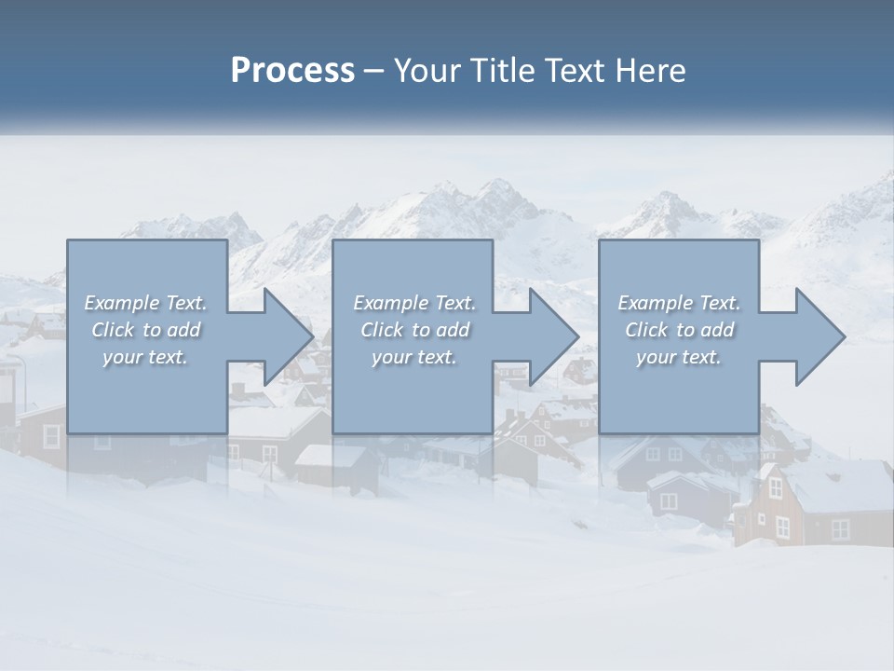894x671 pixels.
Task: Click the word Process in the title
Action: (292, 71)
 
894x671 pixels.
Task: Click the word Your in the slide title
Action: (425, 71)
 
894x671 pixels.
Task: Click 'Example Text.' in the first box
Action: (145, 303)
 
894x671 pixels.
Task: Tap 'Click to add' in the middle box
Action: (414, 330)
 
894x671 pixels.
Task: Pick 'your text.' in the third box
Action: (678, 357)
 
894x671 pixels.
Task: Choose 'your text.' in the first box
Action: (145, 357)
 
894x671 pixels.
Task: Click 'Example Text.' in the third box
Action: (679, 303)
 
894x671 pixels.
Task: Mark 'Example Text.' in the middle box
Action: (414, 303)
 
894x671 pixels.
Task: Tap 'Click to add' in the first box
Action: (145, 330)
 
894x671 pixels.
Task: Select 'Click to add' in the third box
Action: (679, 330)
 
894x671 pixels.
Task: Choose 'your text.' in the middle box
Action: (414, 357)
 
